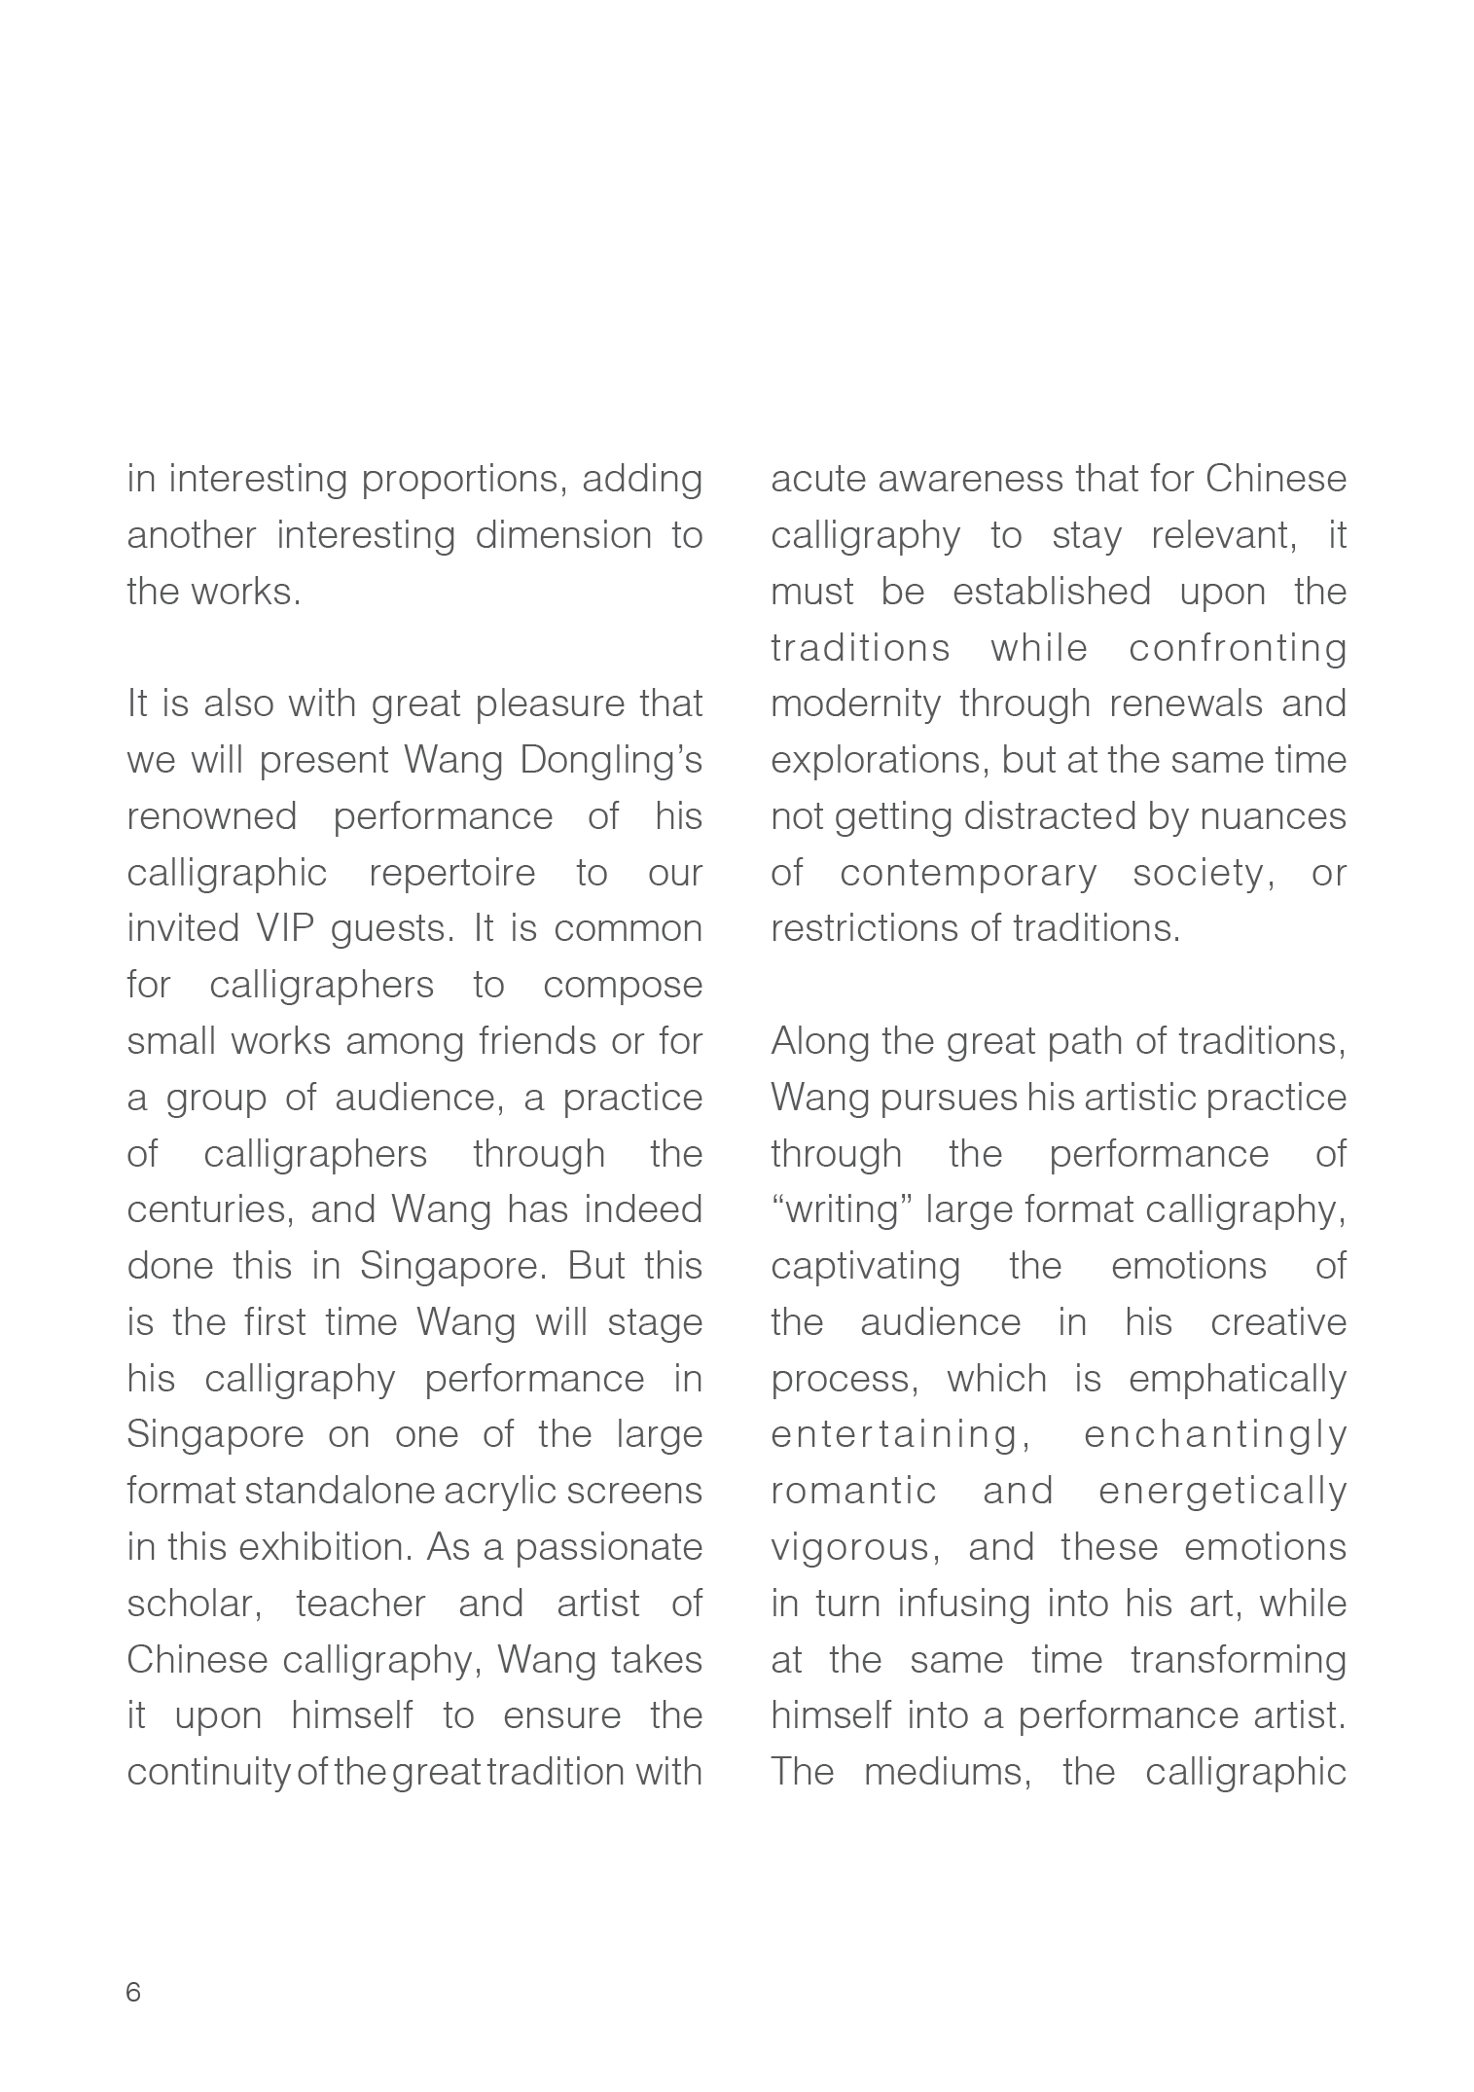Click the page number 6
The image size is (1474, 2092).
pyautogui.click(x=133, y=1992)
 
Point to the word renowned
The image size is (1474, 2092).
pyautogui.click(x=211, y=816)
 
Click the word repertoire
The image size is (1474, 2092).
pyautogui.click(x=451, y=874)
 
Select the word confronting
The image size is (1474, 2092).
pyautogui.click(x=1238, y=648)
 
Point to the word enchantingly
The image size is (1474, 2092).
pyautogui.click(x=1214, y=1435)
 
